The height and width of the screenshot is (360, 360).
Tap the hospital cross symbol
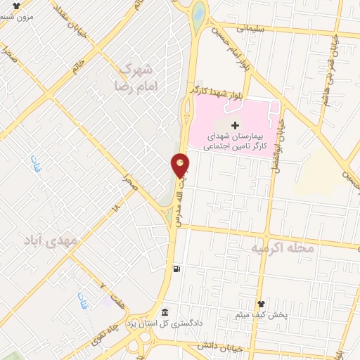coord(235,124)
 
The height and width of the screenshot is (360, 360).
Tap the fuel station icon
coord(176,269)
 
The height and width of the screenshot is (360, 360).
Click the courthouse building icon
coord(165,313)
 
